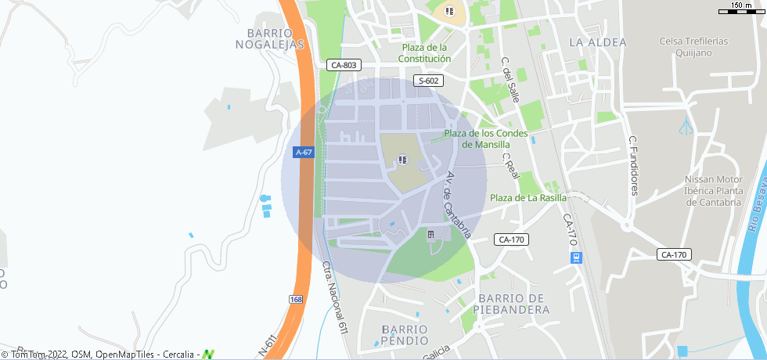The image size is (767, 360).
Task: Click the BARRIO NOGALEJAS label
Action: coord(269,39)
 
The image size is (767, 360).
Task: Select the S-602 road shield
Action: coord(429,81)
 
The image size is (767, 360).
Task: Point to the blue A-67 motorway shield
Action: coord(304,153)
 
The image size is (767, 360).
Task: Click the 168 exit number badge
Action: coord(295,300)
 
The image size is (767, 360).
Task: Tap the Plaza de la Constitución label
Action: coord(425,53)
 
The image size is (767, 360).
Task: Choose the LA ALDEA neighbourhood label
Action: coord(598,41)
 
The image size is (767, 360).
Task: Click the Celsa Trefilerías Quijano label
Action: coord(694,47)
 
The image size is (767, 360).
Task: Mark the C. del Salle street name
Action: coord(511,80)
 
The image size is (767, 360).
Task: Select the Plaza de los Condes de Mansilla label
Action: coord(486,139)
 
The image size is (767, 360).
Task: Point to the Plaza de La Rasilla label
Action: coord(528,198)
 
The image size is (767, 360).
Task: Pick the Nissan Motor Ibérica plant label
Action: coord(712,190)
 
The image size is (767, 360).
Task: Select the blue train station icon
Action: coord(576,257)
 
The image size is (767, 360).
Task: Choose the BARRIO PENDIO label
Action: coord(405,334)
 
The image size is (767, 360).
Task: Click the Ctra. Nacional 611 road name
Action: coord(335,298)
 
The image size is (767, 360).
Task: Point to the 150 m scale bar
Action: coord(740,9)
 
